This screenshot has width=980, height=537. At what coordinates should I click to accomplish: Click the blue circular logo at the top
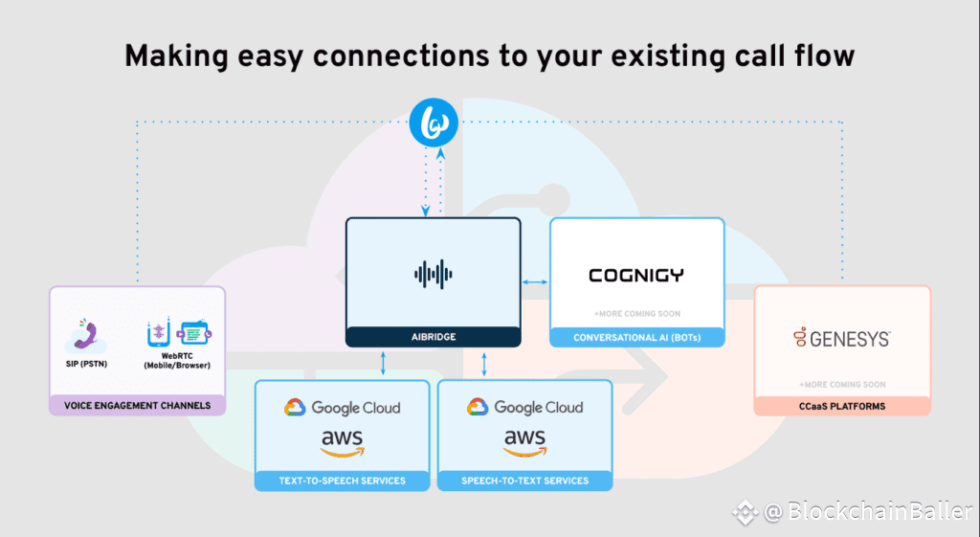[433, 122]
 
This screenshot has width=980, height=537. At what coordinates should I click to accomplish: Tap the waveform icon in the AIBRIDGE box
[433, 275]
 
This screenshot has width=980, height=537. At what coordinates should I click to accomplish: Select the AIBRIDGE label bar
[433, 337]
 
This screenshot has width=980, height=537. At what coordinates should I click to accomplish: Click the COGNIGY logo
[636, 276]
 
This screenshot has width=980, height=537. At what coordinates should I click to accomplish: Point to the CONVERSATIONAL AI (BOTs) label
[636, 337]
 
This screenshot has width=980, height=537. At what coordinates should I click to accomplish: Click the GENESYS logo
[841, 338]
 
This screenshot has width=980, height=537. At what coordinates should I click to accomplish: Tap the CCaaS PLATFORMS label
[841, 407]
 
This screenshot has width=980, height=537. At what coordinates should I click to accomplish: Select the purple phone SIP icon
[84, 335]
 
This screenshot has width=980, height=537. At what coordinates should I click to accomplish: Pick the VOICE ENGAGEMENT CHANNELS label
[137, 406]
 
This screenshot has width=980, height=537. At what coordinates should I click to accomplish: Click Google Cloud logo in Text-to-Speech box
[342, 408]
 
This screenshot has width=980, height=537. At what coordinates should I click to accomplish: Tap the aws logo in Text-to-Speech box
[342, 442]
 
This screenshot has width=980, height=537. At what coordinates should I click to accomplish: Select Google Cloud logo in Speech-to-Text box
[525, 408]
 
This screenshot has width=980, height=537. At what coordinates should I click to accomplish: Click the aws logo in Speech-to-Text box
[525, 442]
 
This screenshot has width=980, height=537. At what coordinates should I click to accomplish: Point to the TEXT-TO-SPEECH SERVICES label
[342, 481]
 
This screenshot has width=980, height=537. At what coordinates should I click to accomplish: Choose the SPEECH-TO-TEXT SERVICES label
[525, 481]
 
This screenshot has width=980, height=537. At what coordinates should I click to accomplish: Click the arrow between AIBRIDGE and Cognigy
[535, 281]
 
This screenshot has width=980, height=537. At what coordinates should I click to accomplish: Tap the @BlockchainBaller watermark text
[869, 512]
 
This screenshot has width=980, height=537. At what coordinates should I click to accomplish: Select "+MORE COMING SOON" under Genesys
[841, 385]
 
